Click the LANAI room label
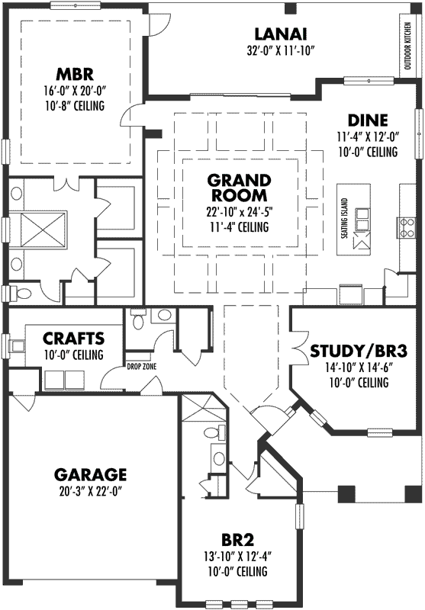[x=281, y=34]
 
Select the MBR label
[x=73, y=75]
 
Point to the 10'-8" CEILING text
[x=73, y=105]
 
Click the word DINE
[x=367, y=120]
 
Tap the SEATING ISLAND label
[x=344, y=222]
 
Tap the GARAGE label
[x=90, y=474]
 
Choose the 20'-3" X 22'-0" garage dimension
[x=90, y=491]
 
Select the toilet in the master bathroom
[x=21, y=294]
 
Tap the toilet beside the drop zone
[x=137, y=320]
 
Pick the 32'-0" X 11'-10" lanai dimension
[x=281, y=52]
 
